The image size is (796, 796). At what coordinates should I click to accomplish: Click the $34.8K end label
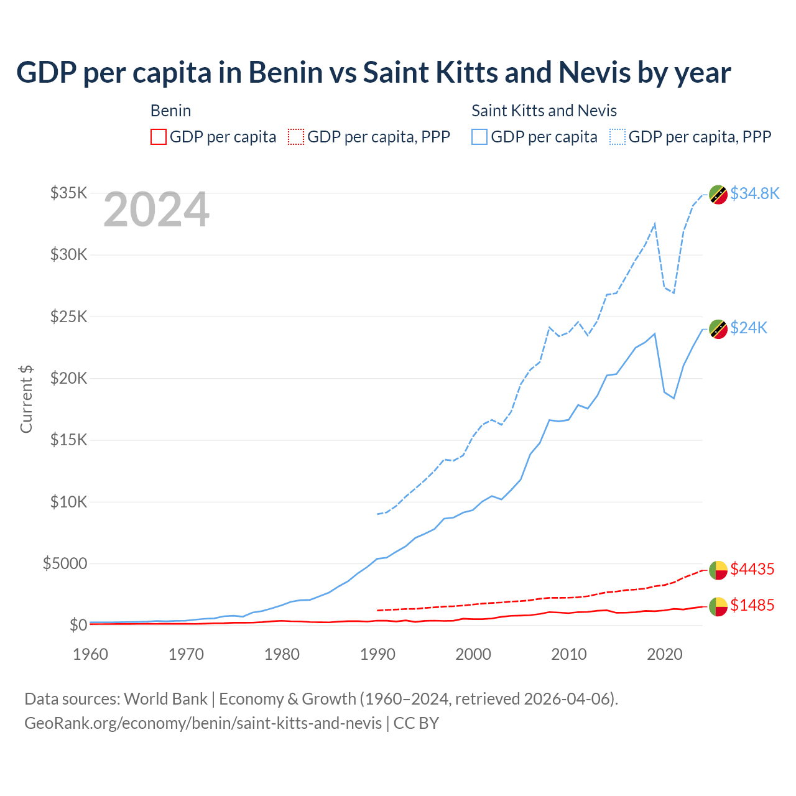pyautogui.click(x=754, y=193)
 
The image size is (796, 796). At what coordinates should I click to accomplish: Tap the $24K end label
pyautogui.click(x=749, y=328)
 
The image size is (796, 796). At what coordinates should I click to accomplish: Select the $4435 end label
pyautogui.click(x=752, y=569)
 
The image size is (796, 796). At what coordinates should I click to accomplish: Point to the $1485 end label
pyautogui.click(x=752, y=605)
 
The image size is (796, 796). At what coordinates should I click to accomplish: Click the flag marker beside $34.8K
pyautogui.click(x=718, y=194)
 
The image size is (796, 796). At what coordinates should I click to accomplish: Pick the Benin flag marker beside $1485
pyautogui.click(x=718, y=606)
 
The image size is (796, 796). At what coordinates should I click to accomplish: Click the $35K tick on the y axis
pyautogui.click(x=68, y=193)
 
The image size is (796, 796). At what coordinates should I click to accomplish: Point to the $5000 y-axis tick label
pyautogui.click(x=65, y=563)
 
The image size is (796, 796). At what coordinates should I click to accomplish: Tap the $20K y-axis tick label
pyautogui.click(x=68, y=378)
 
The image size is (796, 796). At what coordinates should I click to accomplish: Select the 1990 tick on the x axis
pyautogui.click(x=377, y=654)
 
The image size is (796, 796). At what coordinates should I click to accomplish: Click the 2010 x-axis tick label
pyautogui.click(x=569, y=654)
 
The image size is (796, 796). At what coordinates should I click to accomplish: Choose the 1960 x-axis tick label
pyautogui.click(x=90, y=654)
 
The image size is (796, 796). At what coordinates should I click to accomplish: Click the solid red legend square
pyautogui.click(x=159, y=137)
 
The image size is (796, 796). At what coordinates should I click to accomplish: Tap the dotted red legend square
pyautogui.click(x=296, y=137)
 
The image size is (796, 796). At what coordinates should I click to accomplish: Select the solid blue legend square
pyautogui.click(x=479, y=137)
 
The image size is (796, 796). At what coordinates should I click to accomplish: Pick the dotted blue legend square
pyautogui.click(x=618, y=137)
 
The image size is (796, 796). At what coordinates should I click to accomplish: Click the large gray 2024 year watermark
pyautogui.click(x=156, y=210)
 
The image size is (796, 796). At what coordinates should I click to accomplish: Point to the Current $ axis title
pyautogui.click(x=26, y=399)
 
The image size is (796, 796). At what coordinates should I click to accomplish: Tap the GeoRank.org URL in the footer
pyautogui.click(x=203, y=723)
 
